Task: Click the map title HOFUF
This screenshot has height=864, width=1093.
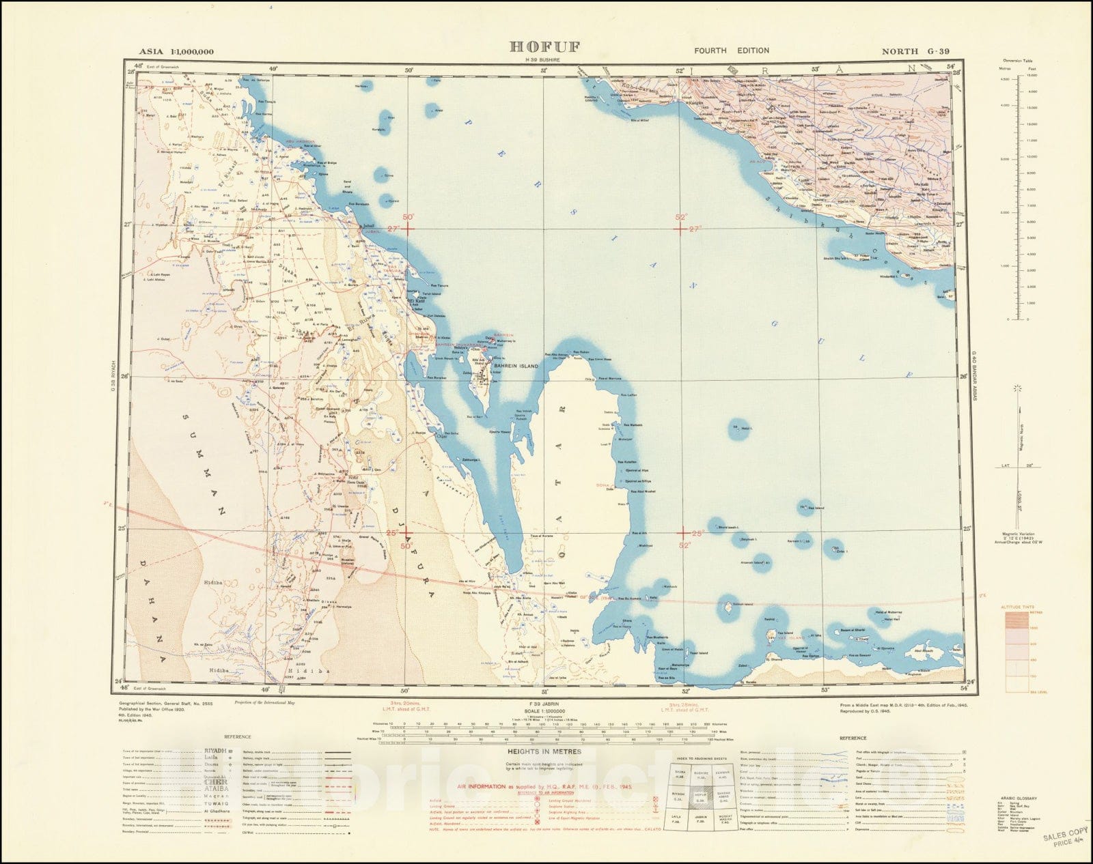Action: point(544,47)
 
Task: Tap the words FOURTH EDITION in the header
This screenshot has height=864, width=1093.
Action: point(732,51)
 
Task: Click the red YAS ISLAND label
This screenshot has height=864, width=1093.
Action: point(778,637)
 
